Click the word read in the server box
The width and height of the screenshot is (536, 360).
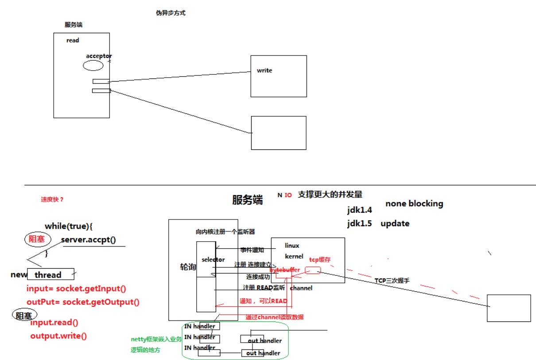pos(73,40)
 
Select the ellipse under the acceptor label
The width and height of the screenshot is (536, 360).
pos(93,66)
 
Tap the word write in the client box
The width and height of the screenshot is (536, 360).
pos(264,70)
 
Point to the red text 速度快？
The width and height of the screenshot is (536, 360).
pos(52,200)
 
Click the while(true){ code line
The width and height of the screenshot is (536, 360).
pos(69,226)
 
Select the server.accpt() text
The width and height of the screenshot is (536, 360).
pos(88,240)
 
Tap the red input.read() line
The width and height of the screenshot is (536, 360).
pos(54,322)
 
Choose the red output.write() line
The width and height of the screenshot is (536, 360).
pos(58,336)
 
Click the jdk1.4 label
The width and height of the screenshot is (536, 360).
pos(360,210)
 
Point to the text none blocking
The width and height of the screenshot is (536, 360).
pos(414,203)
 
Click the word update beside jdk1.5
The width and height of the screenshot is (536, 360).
pos(395,223)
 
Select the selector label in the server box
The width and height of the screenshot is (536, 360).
pos(213,260)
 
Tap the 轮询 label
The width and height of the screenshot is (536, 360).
pos(187,267)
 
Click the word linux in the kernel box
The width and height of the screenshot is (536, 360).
pos(292,246)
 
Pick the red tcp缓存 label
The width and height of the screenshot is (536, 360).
pos(320,260)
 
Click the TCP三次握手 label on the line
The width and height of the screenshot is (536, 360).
pos(392,281)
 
